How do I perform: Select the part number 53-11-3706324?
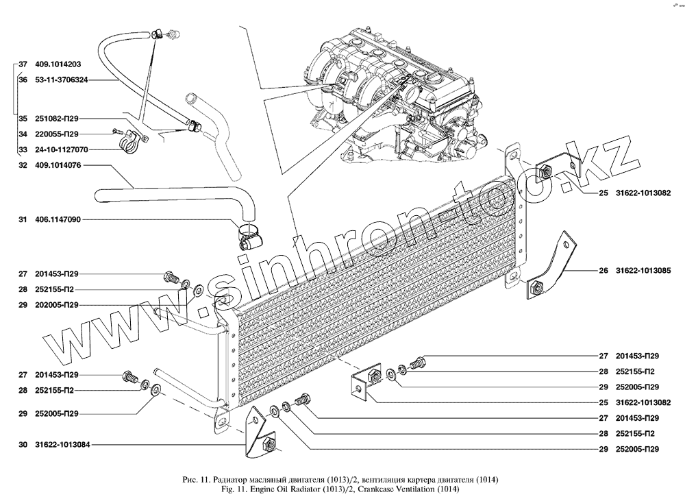(x=58, y=80)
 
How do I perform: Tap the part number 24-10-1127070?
(x=58, y=149)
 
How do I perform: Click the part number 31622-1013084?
(x=58, y=445)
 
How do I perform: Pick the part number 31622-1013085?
(x=639, y=270)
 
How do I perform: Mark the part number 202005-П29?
(x=58, y=304)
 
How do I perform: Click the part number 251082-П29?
(x=58, y=117)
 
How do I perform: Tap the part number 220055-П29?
(x=58, y=134)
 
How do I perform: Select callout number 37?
(x=23, y=64)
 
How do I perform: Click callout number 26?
(x=603, y=270)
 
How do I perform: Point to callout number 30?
(x=23, y=445)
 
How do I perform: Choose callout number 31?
(x=23, y=220)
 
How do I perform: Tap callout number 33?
(x=23, y=149)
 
